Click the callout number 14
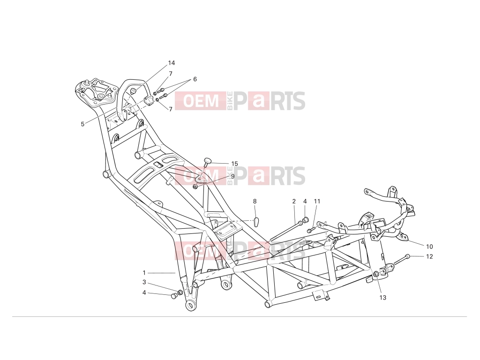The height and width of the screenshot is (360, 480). coord(172,63)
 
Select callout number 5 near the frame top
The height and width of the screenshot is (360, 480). coord(82,124)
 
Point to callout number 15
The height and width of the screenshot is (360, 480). coord(234,164)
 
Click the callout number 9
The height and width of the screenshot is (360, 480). coord(232,176)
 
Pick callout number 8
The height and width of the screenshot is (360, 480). coord(255,201)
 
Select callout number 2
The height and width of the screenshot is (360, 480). coord(294,201)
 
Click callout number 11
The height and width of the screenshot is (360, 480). coord(317,201)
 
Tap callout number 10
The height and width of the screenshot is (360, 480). coord(429,247)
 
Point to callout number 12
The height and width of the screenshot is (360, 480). coord(429,256)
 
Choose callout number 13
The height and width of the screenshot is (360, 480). coord(383,297)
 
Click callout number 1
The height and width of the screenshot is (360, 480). coord(144,273)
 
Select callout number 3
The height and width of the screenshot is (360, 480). coord(144,282)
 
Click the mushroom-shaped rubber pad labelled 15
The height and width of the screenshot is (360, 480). coord(208,161)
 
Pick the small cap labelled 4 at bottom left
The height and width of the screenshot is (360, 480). coord(174,296)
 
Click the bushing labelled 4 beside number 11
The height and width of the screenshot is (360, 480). coord(305,220)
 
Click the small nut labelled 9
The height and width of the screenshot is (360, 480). coord(195,186)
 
